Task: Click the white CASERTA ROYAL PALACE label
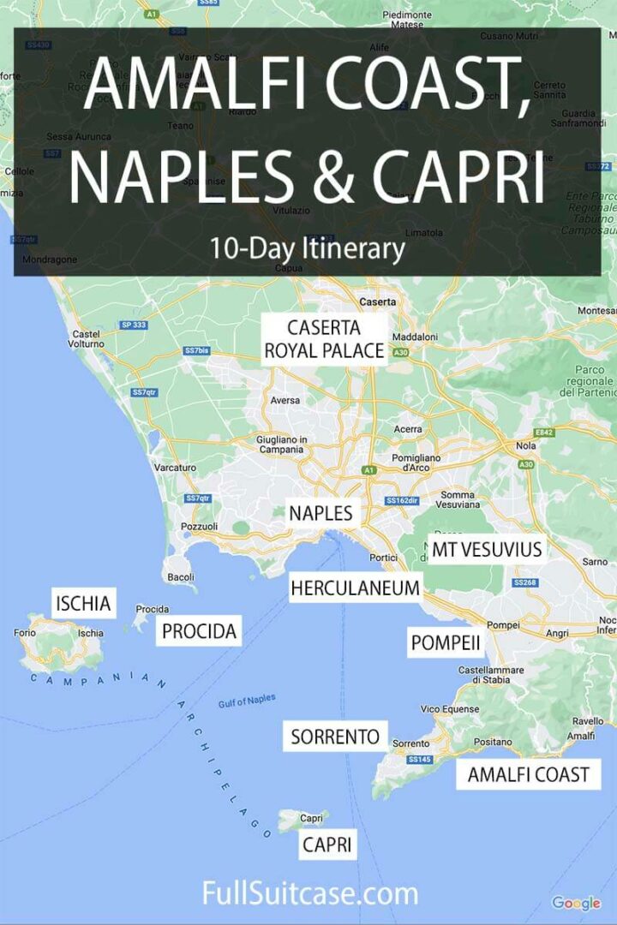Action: coord(324,339)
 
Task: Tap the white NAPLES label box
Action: coord(320,514)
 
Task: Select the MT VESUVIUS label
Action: coord(487,549)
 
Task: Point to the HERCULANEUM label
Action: coord(356,588)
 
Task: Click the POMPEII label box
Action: coord(445,643)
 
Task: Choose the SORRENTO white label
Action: coord(335,736)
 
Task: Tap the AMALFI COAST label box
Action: coord(528,775)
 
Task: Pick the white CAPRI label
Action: coord(326,845)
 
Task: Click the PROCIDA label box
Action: coord(199,632)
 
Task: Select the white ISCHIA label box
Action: coord(83,604)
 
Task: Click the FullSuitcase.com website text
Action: coord(309,894)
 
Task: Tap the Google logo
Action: coord(576,903)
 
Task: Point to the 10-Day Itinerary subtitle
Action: coord(307,248)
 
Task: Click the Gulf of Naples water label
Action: coord(247,701)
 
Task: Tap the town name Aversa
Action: coord(285,400)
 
